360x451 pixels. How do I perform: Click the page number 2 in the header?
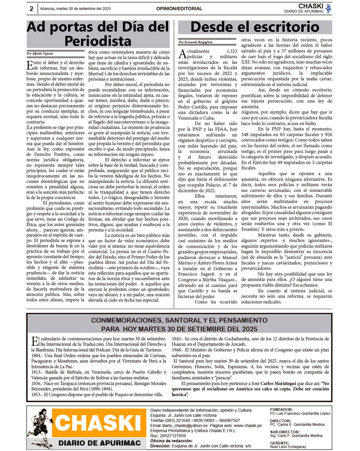[31, 9]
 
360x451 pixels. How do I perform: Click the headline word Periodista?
[98, 41]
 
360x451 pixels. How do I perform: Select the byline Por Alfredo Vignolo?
[40, 54]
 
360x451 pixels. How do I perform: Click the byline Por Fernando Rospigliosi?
[196, 42]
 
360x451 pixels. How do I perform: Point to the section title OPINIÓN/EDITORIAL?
[179, 9]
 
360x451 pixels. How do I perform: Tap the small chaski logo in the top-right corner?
[328, 8]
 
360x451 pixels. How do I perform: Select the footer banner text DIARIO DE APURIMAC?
[99, 443]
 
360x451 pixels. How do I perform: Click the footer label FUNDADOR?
[281, 409]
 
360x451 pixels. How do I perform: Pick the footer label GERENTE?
[280, 443]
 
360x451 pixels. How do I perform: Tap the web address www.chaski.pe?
[248, 426]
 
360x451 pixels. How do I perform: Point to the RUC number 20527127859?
[172, 436]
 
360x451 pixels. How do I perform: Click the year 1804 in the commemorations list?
[36, 356]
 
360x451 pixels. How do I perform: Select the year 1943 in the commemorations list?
[177, 339]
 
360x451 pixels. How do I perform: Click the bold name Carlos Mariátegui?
[278, 384]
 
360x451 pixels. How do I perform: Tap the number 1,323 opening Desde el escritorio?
[232, 51]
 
